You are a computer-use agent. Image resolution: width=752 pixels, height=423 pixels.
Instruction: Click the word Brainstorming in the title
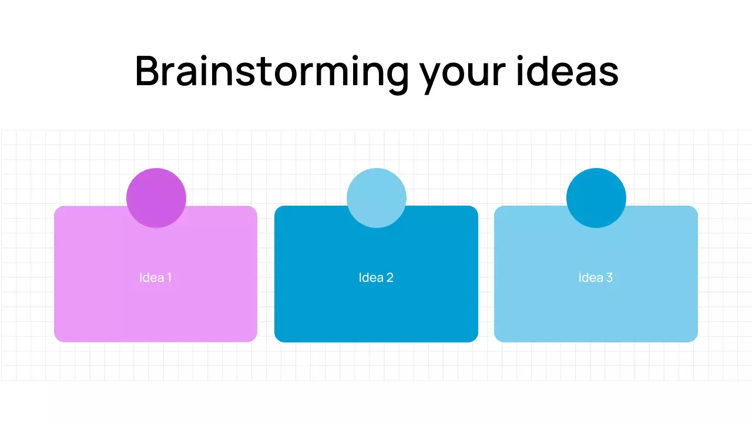pyautogui.click(x=271, y=72)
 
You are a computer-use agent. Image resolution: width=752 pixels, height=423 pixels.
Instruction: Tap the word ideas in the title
pyautogui.click(x=567, y=72)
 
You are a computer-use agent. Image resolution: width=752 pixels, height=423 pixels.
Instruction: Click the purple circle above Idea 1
pyautogui.click(x=156, y=198)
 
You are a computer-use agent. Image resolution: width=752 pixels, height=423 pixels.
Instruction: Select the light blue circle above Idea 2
pyautogui.click(x=376, y=198)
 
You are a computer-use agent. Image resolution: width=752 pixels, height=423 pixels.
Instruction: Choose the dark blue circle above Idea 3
pyautogui.click(x=596, y=198)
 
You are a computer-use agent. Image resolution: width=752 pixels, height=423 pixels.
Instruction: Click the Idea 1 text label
pyautogui.click(x=156, y=277)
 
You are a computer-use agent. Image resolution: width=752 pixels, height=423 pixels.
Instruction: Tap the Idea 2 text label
pyautogui.click(x=376, y=277)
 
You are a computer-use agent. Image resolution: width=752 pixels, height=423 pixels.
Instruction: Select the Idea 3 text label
pyautogui.click(x=596, y=277)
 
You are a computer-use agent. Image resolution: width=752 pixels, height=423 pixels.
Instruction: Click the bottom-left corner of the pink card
pyautogui.click(x=57, y=339)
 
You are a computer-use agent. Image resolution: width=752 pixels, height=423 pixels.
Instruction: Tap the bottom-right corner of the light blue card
pyautogui.click(x=695, y=339)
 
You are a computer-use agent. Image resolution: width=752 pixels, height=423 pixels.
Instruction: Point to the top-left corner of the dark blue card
pyautogui.click(x=277, y=209)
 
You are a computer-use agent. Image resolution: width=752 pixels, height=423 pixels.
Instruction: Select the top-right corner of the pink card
pyautogui.click(x=254, y=209)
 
